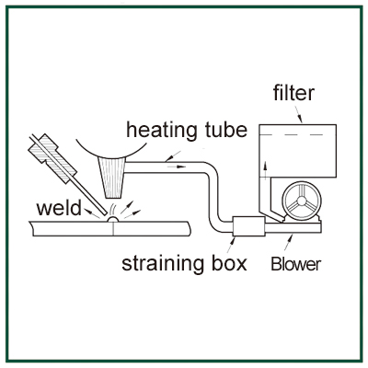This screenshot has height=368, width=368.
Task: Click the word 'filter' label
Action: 293,93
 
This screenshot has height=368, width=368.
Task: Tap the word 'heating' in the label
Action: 161,130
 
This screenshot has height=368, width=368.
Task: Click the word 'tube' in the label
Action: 224,130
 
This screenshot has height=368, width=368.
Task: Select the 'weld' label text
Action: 59,208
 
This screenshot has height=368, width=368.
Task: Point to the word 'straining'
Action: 162,263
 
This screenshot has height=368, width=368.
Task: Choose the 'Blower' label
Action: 296,264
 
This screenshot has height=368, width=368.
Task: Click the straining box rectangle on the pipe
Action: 249,226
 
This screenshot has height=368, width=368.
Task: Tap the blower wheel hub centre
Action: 302,201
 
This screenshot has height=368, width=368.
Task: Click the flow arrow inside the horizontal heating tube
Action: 177,167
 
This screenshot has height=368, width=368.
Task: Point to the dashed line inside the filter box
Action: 292,134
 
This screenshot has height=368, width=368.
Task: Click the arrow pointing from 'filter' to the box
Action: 298,114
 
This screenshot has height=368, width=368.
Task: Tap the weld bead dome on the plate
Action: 113,219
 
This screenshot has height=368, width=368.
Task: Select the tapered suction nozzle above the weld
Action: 111,178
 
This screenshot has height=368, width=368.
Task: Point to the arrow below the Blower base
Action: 289,242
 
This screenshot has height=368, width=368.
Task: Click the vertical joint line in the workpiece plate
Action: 113,228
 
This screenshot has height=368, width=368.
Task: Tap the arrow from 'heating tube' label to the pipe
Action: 173,156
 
